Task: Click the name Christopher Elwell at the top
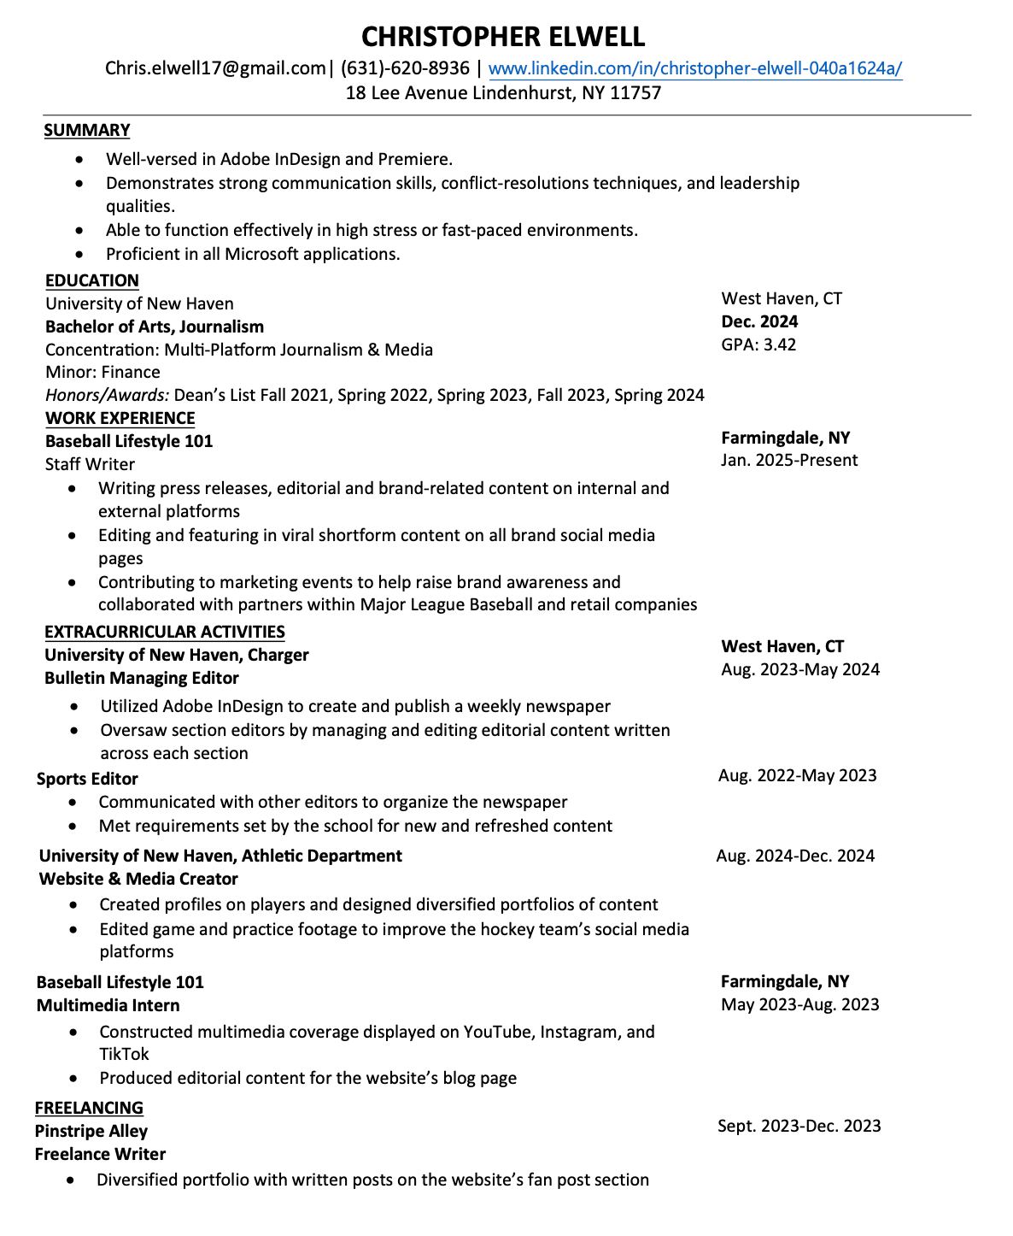tap(503, 37)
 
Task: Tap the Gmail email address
tap(215, 68)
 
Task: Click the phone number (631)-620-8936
tap(405, 68)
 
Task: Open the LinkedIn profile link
tap(694, 68)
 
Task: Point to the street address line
tap(503, 92)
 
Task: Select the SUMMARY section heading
tap(87, 130)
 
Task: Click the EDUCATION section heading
tap(92, 280)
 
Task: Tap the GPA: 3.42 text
tap(758, 344)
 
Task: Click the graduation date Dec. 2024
tap(759, 321)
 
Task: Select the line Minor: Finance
tap(102, 372)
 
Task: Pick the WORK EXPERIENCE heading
tap(120, 418)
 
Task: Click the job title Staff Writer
tap(90, 464)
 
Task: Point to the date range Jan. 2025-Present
tap(789, 460)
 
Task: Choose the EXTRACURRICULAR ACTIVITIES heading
tap(165, 632)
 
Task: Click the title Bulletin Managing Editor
tap(142, 678)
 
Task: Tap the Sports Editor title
tap(87, 779)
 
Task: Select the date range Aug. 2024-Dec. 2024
tap(795, 856)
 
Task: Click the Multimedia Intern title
tap(108, 1005)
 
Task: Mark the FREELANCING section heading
tap(89, 1108)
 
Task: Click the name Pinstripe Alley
tap(91, 1131)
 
